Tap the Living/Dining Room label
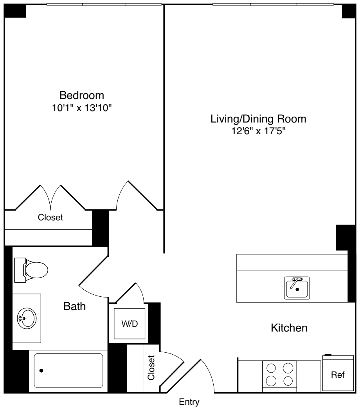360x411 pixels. [x=258, y=119]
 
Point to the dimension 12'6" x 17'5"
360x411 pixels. [x=258, y=131]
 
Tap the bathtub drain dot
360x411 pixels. [x=41, y=370]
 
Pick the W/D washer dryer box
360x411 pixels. [x=130, y=324]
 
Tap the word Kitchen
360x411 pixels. [x=289, y=328]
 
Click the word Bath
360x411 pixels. [x=74, y=306]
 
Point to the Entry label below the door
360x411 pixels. [x=189, y=402]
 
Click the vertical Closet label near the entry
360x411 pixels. [x=151, y=368]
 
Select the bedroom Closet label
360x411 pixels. [x=50, y=217]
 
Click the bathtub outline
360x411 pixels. [x=68, y=370]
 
